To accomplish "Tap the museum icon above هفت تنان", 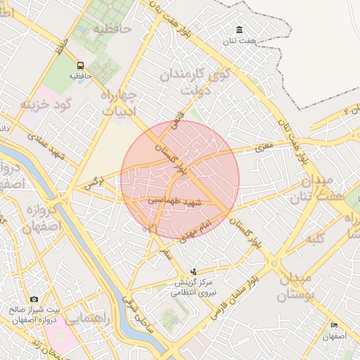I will [240, 30].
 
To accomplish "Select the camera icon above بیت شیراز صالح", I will [34, 300].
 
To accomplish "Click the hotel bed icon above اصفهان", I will [334, 326].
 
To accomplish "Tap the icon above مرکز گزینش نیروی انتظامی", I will [194, 271].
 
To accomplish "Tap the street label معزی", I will [262, 148].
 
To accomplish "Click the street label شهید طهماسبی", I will [174, 200].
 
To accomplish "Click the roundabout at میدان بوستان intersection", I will [274, 264].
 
